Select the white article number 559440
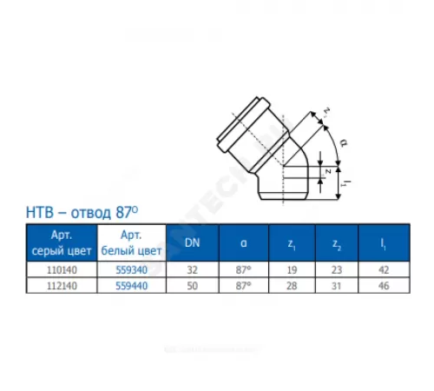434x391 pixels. click(x=130, y=284)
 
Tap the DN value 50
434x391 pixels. click(x=191, y=284)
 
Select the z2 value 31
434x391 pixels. click(x=336, y=284)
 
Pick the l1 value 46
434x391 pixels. click(x=383, y=284)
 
